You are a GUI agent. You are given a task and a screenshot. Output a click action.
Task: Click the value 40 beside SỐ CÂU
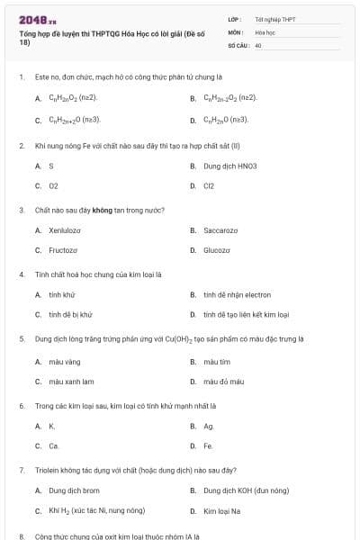[258, 44]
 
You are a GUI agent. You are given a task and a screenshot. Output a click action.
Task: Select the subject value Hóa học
[265, 31]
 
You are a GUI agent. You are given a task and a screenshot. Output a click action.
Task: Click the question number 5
[21, 339]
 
